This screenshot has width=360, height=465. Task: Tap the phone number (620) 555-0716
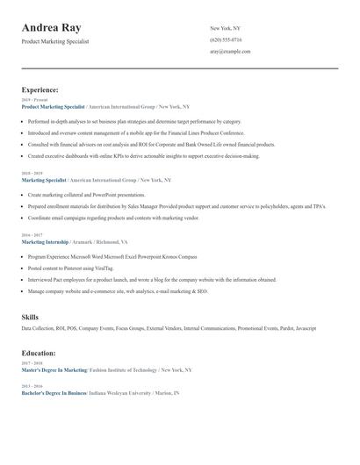(x=226, y=39)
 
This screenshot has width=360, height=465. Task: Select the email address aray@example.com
(x=230, y=51)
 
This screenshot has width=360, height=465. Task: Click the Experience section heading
(x=40, y=89)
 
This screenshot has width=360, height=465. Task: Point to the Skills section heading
(x=30, y=316)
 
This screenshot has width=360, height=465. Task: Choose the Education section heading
(x=39, y=353)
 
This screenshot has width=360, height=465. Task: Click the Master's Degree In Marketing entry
(x=54, y=370)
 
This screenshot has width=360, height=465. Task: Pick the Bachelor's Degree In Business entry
(x=53, y=393)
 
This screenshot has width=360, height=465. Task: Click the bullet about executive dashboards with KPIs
(x=143, y=156)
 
